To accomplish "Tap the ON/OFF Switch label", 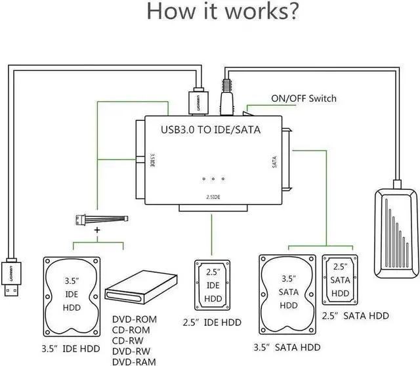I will [x=303, y=99].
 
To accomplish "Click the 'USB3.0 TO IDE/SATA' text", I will [x=211, y=130].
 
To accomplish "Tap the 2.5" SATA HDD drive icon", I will [x=340, y=280].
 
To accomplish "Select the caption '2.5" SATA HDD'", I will [x=354, y=316].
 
